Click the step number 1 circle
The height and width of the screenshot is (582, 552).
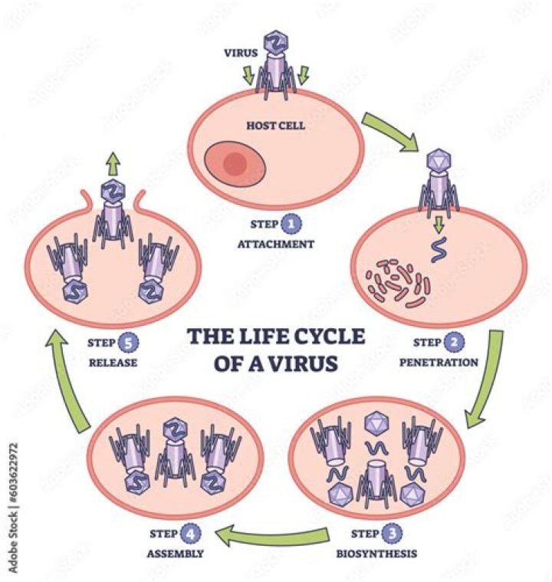tap(291, 225)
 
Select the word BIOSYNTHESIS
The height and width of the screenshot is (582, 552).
tap(368, 550)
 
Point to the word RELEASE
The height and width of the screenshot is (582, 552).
tap(112, 360)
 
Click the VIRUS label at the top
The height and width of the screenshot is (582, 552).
tap(238, 54)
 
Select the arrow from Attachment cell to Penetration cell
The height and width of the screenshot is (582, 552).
tap(389, 130)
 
